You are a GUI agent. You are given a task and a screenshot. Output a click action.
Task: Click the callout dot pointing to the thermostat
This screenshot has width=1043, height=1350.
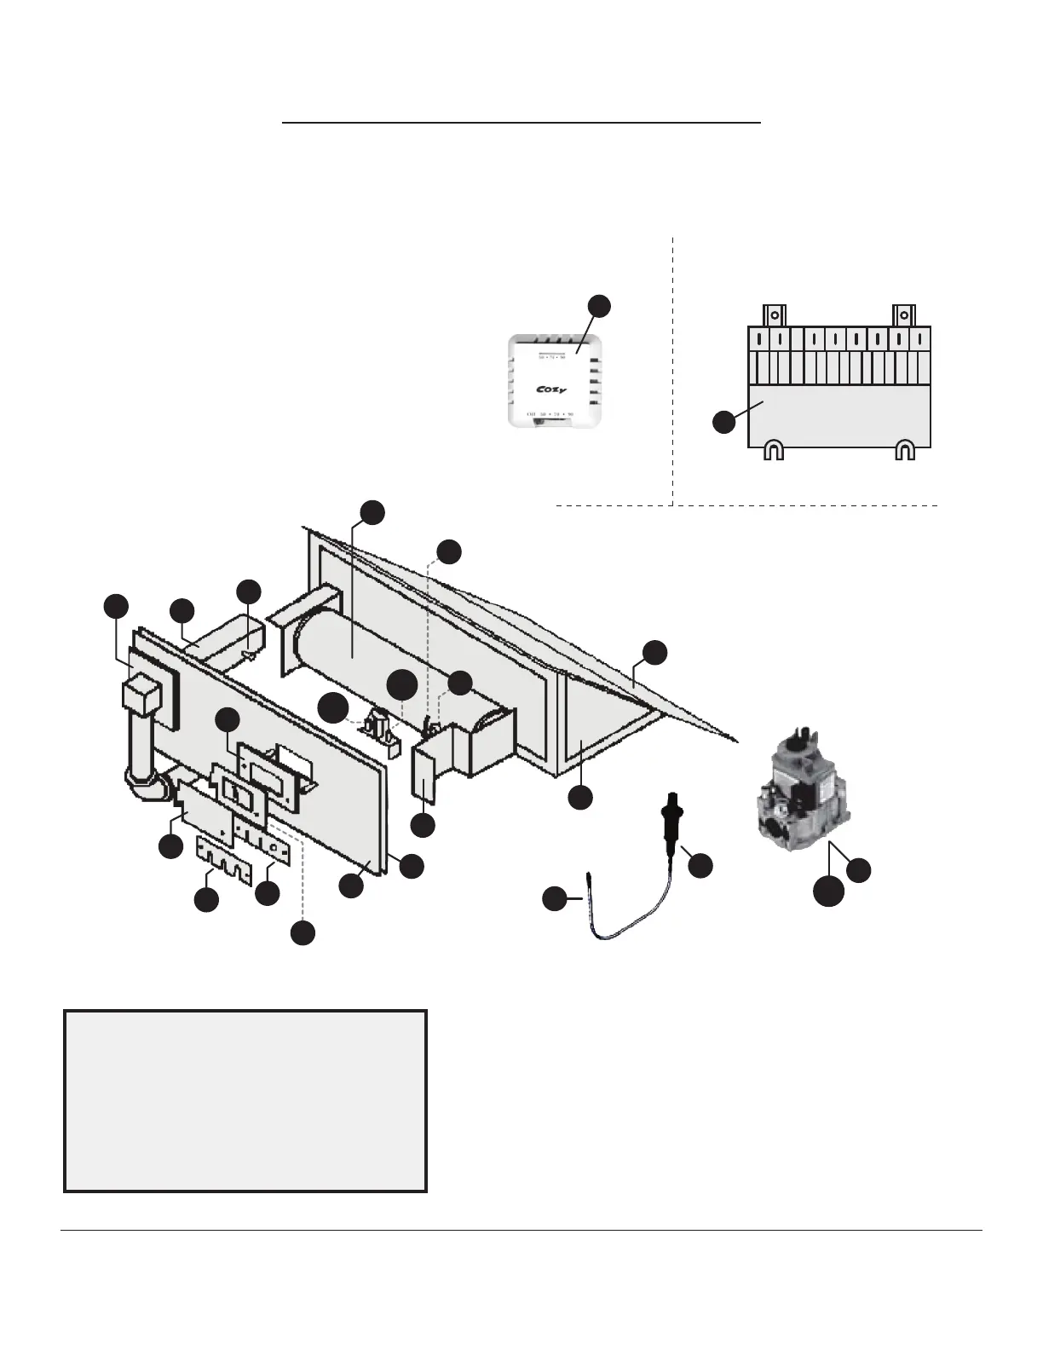600,307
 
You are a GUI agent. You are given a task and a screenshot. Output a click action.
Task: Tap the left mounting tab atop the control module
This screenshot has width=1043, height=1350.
773,314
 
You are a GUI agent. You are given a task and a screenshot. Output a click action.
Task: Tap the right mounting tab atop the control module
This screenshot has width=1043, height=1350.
903,314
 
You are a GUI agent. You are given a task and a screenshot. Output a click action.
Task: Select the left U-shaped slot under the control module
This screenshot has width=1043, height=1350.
772,450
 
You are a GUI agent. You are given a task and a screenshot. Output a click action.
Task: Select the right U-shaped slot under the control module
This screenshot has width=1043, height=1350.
905,450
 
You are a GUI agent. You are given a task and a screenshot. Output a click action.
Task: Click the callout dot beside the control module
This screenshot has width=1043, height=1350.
724,421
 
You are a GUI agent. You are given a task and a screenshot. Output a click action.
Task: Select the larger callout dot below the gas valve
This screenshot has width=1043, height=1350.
827,889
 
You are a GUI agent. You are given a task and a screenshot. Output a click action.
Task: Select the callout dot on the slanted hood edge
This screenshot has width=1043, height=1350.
654,652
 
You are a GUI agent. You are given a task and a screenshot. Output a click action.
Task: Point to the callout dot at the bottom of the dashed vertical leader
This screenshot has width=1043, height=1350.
302,933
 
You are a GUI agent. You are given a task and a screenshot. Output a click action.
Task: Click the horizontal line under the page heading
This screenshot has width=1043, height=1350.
521,123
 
